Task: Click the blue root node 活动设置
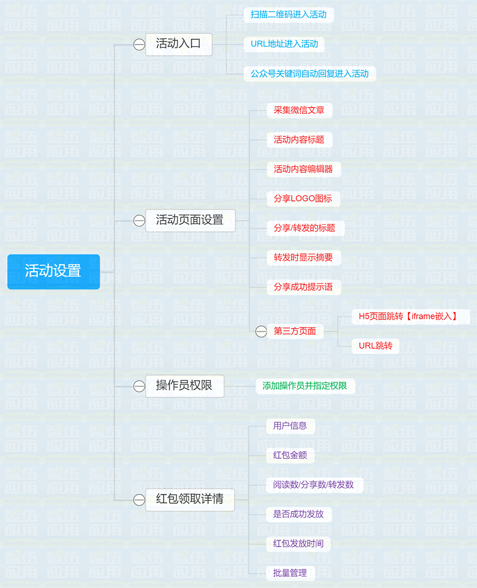(54, 271)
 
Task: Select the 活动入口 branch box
(179, 44)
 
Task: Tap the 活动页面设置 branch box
(190, 221)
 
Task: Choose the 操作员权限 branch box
(184, 386)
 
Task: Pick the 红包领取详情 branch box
(190, 499)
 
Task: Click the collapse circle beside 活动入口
(139, 44)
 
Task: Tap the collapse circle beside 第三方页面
(261, 331)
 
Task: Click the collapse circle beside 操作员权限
(139, 386)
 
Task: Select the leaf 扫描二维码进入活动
(288, 15)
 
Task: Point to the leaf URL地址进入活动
(284, 44)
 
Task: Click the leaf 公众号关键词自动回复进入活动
(310, 74)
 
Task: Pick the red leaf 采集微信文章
(299, 110)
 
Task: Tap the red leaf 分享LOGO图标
(303, 198)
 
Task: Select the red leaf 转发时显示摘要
(303, 257)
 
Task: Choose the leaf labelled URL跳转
(375, 346)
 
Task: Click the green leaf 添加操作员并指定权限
(305, 386)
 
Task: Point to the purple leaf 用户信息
(290, 426)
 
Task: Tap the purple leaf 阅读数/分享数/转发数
(314, 485)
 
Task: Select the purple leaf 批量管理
(290, 573)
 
